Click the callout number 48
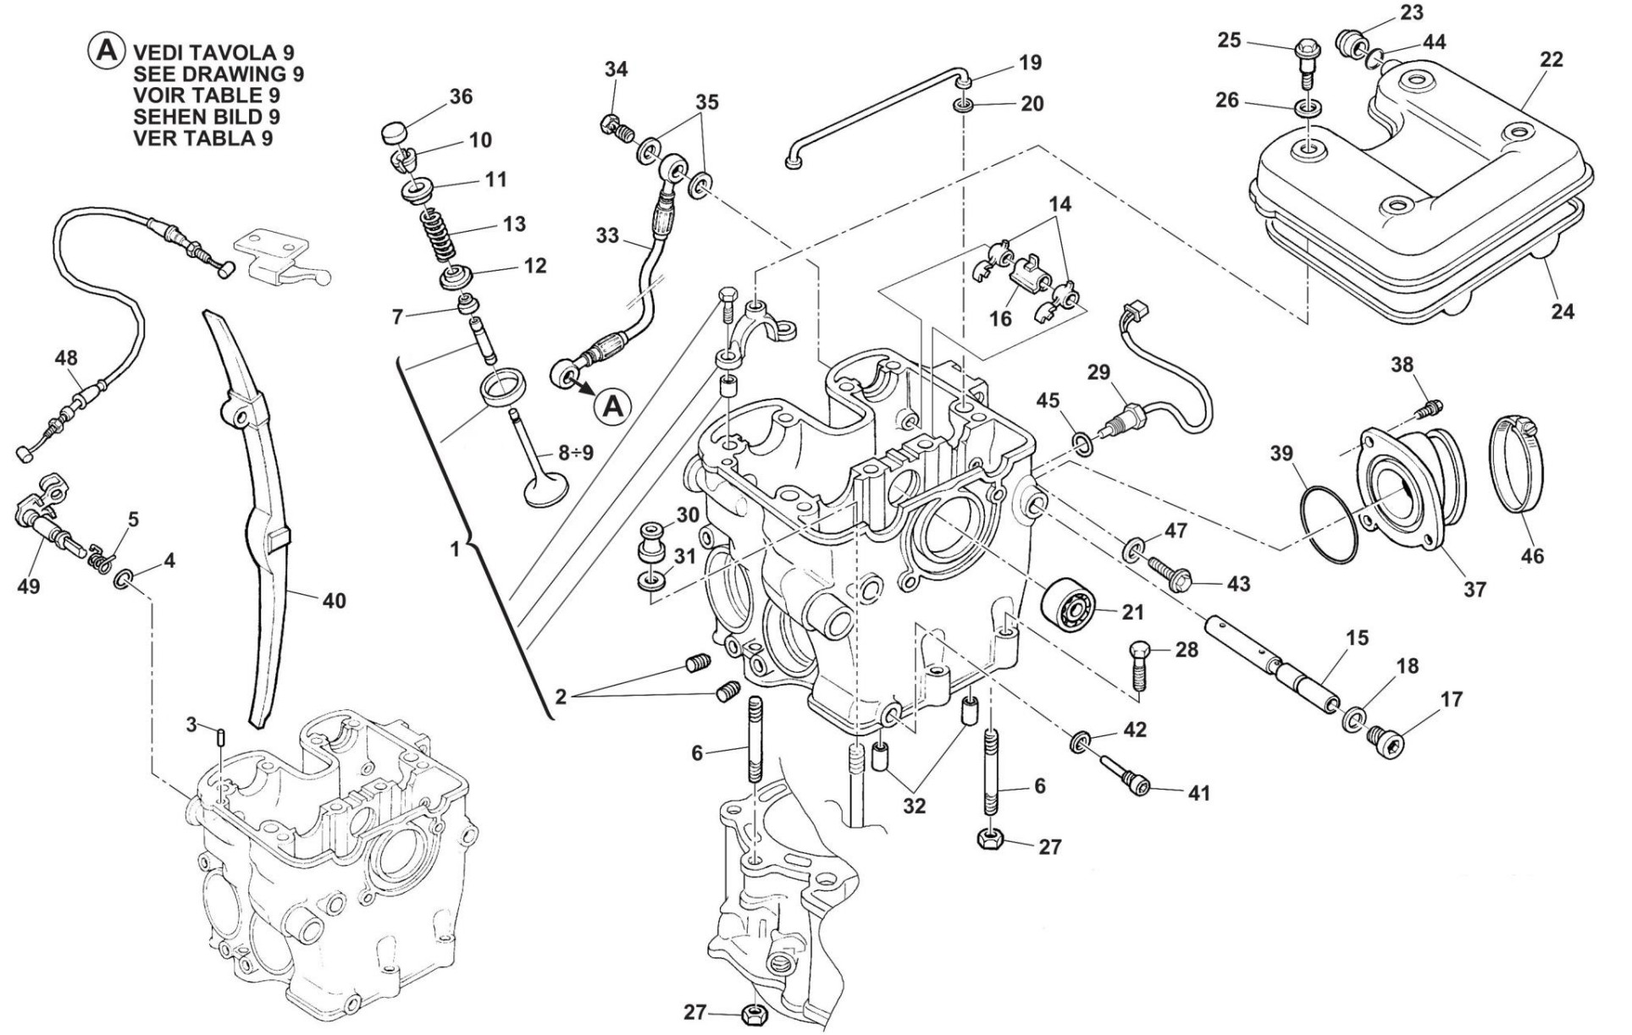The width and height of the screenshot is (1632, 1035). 65,358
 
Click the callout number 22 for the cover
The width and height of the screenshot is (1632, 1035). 1552,60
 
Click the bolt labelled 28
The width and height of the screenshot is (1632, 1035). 1138,665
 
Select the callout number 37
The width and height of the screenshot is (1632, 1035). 1474,590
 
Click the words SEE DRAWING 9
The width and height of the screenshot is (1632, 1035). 219,74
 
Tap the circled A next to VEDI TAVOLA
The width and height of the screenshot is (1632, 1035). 105,50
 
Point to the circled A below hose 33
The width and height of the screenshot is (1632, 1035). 611,407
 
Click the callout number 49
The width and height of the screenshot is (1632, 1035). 29,586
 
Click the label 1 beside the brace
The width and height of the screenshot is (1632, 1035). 455,549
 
